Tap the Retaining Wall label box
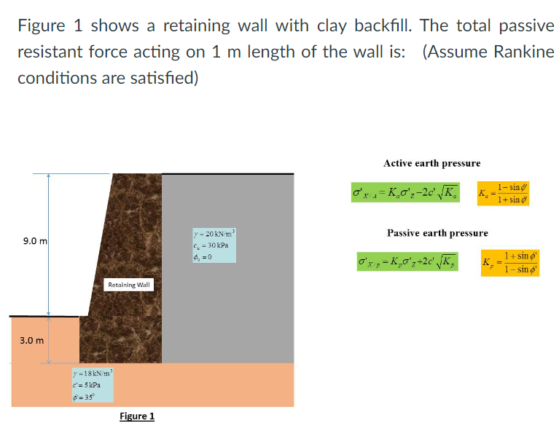click(129, 285)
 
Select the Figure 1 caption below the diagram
click(137, 417)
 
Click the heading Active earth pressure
click(431, 163)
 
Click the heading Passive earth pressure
click(437, 233)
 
